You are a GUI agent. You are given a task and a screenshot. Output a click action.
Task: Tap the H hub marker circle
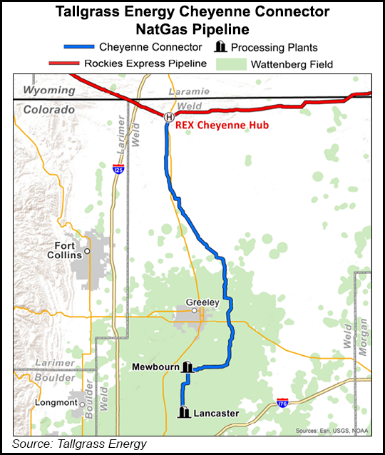[169, 117]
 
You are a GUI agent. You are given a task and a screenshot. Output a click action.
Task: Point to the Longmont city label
[55, 402]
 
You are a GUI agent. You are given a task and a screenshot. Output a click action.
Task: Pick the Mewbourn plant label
[155, 367]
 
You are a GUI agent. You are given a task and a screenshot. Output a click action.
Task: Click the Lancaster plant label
[215, 412]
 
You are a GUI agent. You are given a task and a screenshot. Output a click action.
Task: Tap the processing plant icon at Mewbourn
[188, 367]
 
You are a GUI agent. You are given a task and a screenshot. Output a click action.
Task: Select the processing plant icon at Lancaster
[183, 412]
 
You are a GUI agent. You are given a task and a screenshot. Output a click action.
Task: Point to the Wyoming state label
[48, 91]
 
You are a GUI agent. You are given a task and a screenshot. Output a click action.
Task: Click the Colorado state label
[48, 110]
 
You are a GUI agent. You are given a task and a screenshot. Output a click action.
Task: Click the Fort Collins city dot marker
[87, 251]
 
